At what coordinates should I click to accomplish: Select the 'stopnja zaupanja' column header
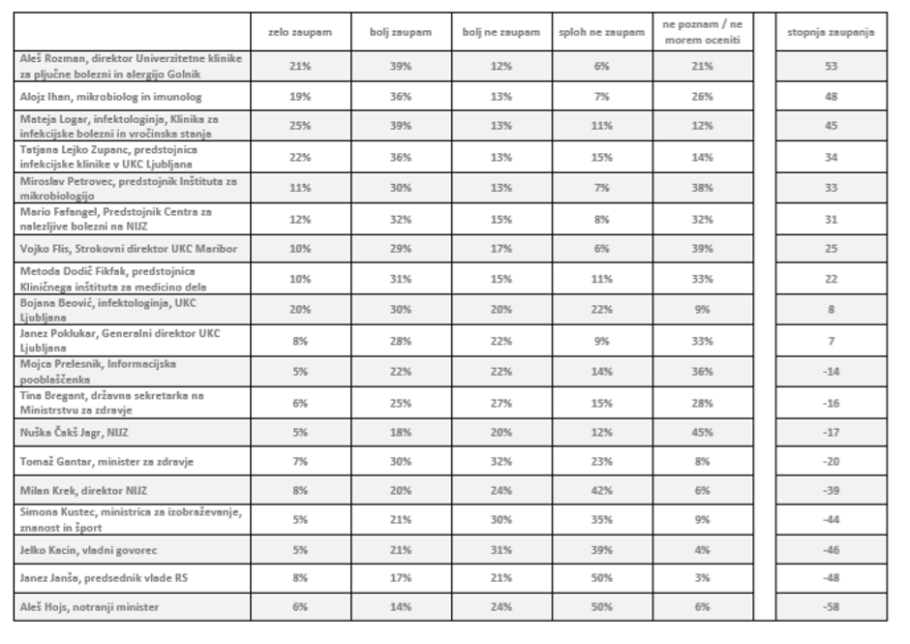(830, 33)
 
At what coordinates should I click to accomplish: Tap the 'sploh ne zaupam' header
(601, 33)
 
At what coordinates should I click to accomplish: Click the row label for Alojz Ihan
(83, 97)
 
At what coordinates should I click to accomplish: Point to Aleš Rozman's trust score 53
(830, 66)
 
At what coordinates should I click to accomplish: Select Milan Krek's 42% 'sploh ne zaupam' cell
(601, 491)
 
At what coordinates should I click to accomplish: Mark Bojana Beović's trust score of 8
(830, 311)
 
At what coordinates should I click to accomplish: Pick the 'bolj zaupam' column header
(400, 33)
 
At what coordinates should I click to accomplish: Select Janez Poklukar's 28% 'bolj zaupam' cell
(400, 340)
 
